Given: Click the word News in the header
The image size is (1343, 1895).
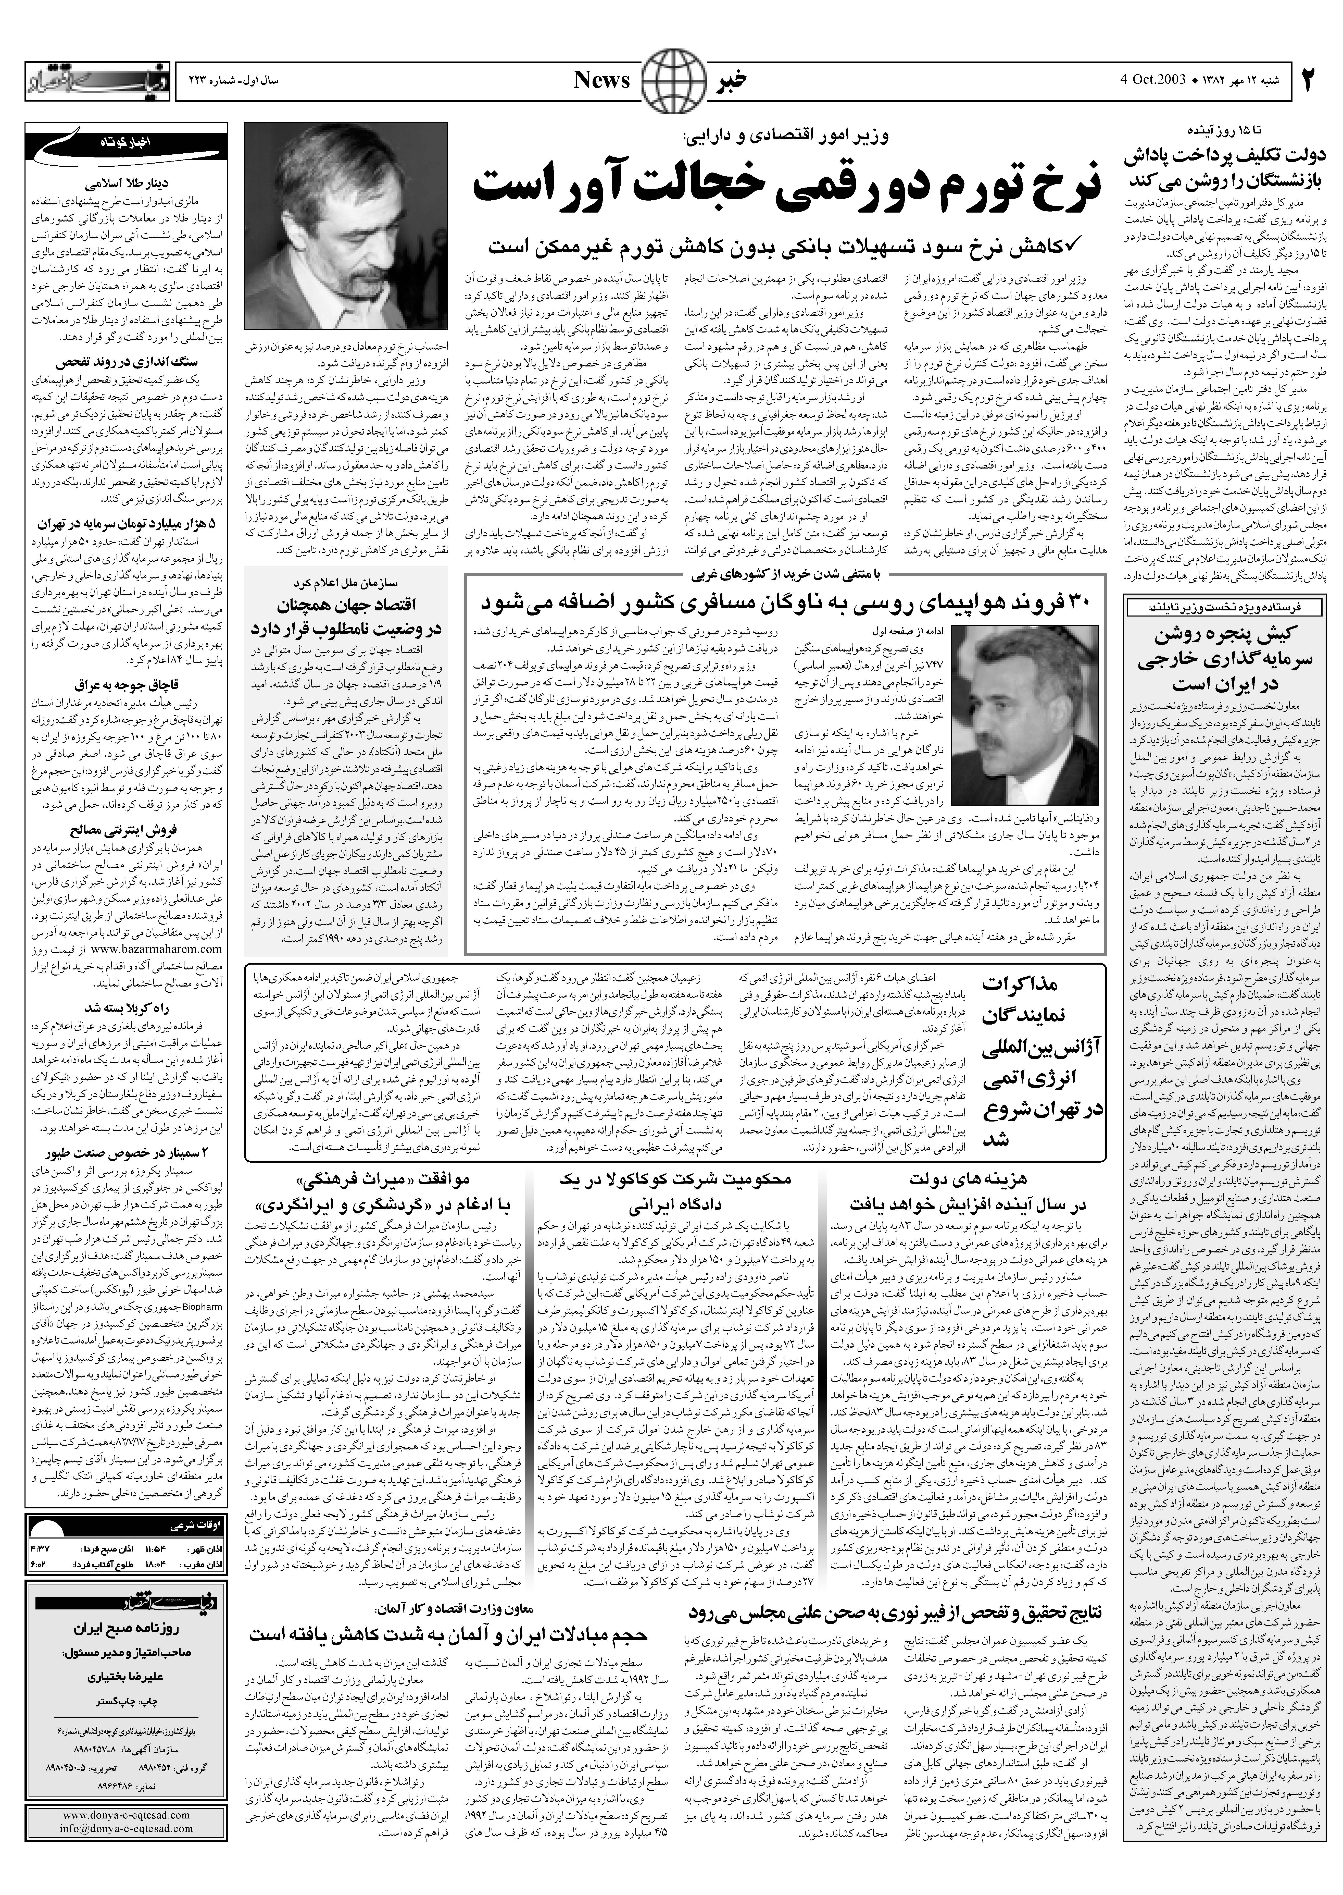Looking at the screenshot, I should click(602, 80).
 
